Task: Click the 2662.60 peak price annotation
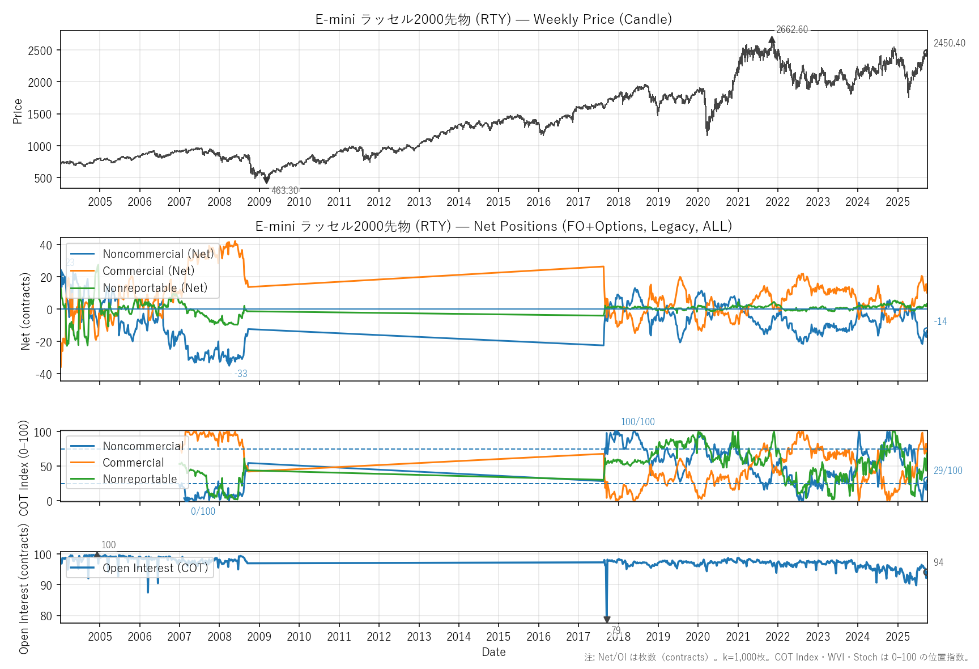[x=791, y=30]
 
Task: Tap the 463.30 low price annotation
[x=284, y=190]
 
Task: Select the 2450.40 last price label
[x=949, y=43]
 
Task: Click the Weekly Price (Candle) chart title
[x=493, y=19]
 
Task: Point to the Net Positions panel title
[x=493, y=226]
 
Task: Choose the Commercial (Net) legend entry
[x=148, y=271]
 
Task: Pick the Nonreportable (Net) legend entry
[x=155, y=288]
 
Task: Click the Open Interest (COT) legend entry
[x=155, y=568]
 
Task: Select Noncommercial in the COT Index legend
[x=143, y=446]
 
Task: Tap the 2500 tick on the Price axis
[x=40, y=50]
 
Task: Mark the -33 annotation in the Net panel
[x=241, y=374]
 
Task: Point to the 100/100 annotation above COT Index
[x=637, y=422]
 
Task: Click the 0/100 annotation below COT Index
[x=203, y=511]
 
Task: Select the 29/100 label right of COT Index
[x=948, y=471]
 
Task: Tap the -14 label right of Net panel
[x=940, y=321]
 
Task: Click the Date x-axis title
[x=493, y=652]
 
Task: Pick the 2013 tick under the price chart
[x=419, y=202]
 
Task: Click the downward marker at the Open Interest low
[x=607, y=620]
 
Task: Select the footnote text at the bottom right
[x=777, y=657]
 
